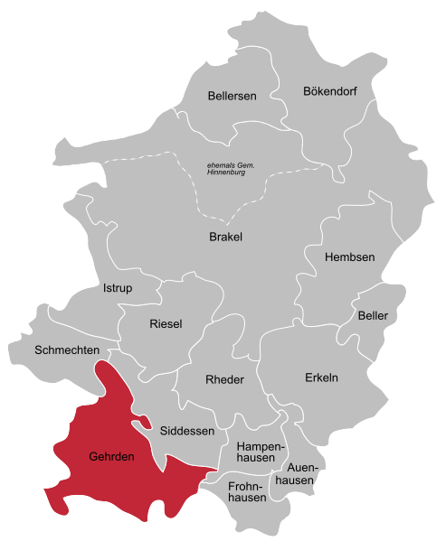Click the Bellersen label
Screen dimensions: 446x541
pos(232,96)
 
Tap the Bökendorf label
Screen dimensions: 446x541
pos(332,91)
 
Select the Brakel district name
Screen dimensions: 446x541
pos(225,238)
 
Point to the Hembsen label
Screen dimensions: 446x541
pos(349,257)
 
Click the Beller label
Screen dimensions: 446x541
pos(373,316)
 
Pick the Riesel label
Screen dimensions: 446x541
pos(166,323)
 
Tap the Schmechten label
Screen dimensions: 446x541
pos(66,350)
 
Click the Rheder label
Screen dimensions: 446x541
pos(225,379)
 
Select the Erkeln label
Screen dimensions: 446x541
pos(321,378)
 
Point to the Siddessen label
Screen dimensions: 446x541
pos(187,431)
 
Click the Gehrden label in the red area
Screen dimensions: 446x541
pos(112,457)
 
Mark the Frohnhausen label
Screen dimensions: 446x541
pos(247,491)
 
